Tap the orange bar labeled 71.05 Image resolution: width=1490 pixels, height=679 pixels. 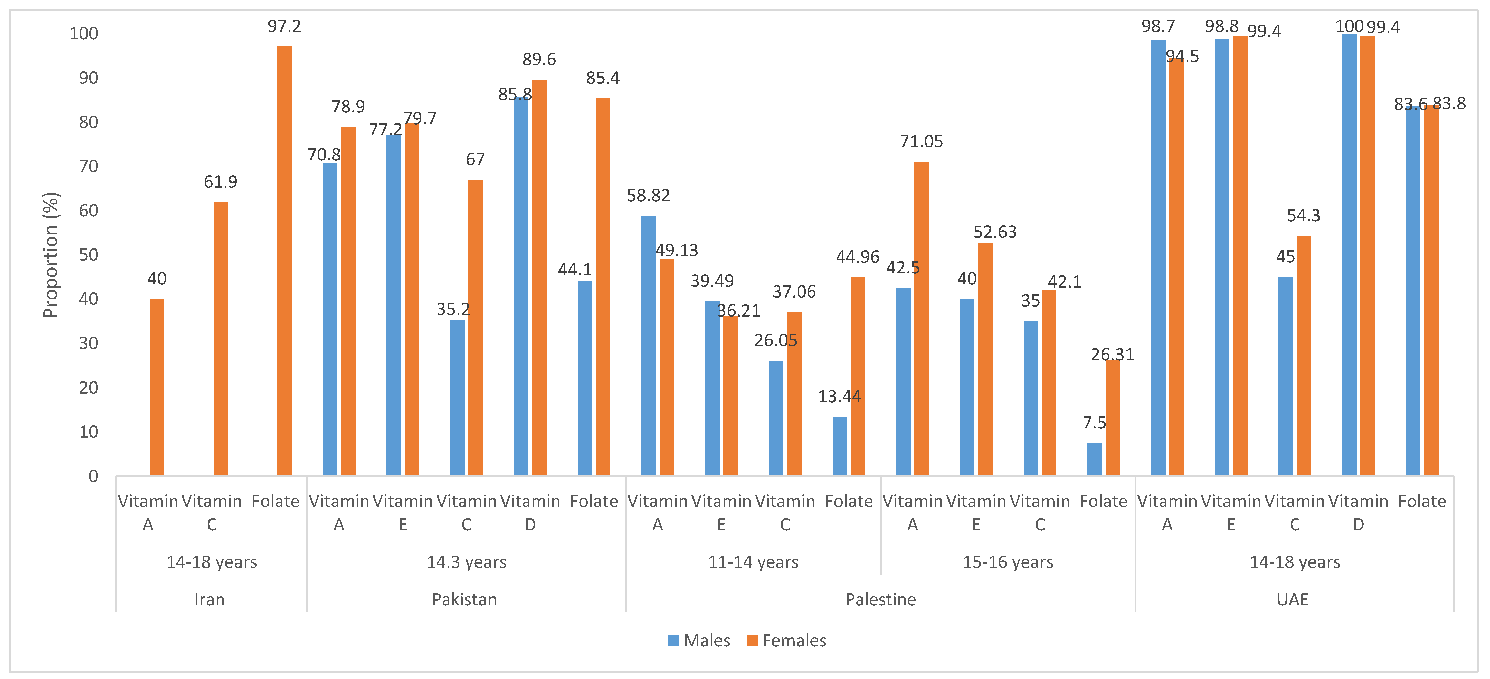922,318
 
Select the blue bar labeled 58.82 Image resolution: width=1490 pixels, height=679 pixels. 648,346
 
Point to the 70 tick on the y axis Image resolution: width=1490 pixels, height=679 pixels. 89,167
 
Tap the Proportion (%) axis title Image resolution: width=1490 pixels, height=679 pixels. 51,254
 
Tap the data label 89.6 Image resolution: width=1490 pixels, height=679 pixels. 539,60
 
